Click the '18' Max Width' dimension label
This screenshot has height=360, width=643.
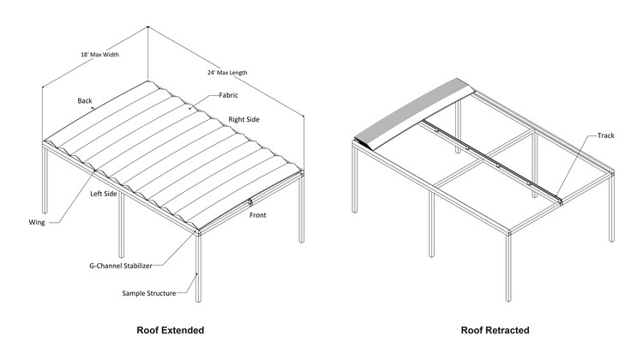pos(99,54)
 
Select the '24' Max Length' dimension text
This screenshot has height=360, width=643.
pos(227,73)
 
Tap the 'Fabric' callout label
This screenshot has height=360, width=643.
pos(228,95)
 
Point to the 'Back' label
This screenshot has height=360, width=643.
pos(85,100)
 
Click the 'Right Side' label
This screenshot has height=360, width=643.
pos(244,119)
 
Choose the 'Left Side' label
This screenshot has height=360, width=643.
pos(104,194)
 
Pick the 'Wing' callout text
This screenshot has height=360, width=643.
pos(37,222)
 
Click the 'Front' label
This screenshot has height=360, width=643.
pos(258,215)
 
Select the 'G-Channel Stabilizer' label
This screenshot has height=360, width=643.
pos(121,266)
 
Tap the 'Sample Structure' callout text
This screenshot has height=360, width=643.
pos(149,293)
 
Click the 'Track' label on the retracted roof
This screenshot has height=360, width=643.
pos(605,135)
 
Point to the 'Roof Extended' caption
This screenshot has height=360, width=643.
pos(171,330)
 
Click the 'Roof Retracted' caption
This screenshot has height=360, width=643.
pos(495,330)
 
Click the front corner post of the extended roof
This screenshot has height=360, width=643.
pos(198,267)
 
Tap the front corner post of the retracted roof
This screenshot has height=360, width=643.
pos(508,267)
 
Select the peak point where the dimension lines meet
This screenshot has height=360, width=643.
pos(147,27)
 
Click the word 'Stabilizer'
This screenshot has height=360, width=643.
pos(138,266)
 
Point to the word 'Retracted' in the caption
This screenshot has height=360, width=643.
pos(508,330)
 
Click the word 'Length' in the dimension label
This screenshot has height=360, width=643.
pos(238,73)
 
